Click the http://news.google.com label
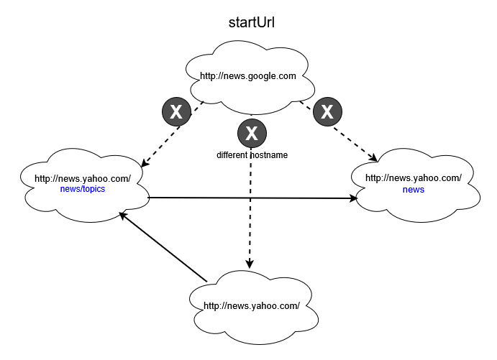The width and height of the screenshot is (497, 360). (x=247, y=75)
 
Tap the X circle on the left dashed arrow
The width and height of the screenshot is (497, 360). (x=175, y=111)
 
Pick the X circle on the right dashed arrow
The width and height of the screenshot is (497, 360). (x=327, y=111)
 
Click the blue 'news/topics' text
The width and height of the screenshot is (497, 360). (x=82, y=190)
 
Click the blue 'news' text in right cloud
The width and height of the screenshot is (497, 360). (x=414, y=190)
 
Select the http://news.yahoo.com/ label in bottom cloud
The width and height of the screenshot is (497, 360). (x=251, y=305)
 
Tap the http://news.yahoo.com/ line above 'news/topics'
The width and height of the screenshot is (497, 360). (x=82, y=179)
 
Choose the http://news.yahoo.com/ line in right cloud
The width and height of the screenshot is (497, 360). (x=414, y=178)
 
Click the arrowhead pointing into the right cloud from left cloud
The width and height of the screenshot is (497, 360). (x=354, y=198)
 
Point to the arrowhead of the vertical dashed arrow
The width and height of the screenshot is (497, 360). (x=251, y=264)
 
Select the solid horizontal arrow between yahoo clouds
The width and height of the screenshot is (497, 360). (x=252, y=197)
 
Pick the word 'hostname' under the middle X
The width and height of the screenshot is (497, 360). (x=269, y=155)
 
